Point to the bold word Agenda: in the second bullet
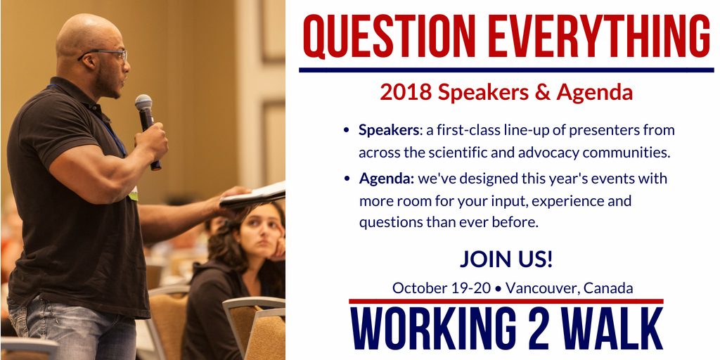[387, 179]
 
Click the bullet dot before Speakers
[347, 130]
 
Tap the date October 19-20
[442, 288]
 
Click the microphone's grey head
[143, 103]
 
